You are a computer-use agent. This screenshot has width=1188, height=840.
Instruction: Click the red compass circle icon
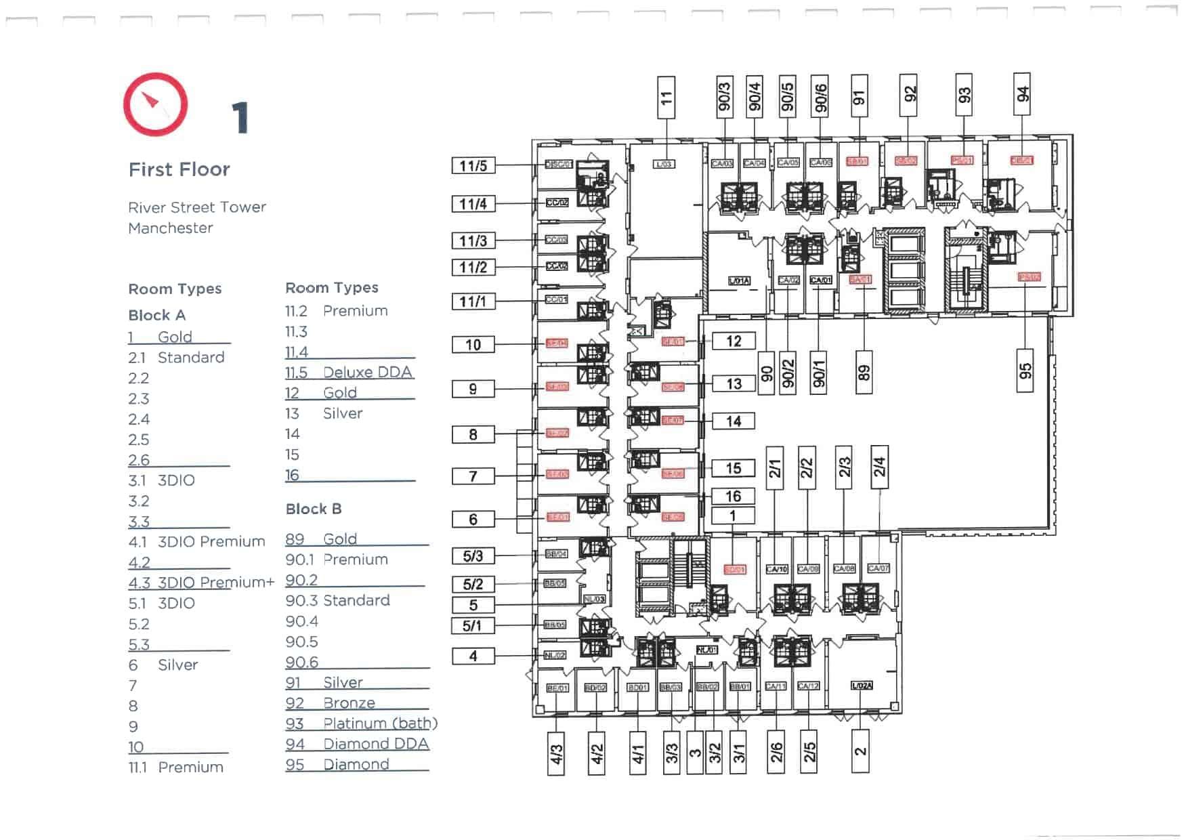[155, 105]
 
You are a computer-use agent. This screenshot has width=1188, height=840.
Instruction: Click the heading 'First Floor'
[179, 169]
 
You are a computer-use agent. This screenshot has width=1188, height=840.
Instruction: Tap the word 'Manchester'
[170, 228]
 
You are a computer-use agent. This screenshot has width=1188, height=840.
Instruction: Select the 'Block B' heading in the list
[313, 509]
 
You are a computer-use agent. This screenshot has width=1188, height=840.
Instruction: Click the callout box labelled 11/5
[473, 166]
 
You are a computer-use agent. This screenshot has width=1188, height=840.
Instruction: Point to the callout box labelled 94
[1022, 94]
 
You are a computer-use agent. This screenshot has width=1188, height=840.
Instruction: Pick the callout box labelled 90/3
[724, 97]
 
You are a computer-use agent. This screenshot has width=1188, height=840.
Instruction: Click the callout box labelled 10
[473, 345]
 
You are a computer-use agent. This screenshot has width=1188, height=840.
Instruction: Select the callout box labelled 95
[1025, 371]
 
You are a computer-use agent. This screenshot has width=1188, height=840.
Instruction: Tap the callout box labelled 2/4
[879, 467]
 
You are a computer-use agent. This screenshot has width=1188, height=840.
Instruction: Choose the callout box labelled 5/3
[473, 556]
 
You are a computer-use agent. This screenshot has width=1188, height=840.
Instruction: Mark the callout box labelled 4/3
[555, 753]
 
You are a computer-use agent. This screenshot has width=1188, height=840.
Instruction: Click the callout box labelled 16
[733, 497]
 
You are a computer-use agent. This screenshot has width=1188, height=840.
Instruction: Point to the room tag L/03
[663, 164]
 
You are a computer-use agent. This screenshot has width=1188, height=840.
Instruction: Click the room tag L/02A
[861, 686]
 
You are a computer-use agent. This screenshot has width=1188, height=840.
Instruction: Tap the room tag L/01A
[738, 280]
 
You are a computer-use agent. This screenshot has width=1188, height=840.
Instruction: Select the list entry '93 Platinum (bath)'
[361, 723]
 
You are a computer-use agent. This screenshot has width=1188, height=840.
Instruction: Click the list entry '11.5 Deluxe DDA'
[349, 373]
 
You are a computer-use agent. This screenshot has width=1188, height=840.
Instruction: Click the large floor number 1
[240, 118]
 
